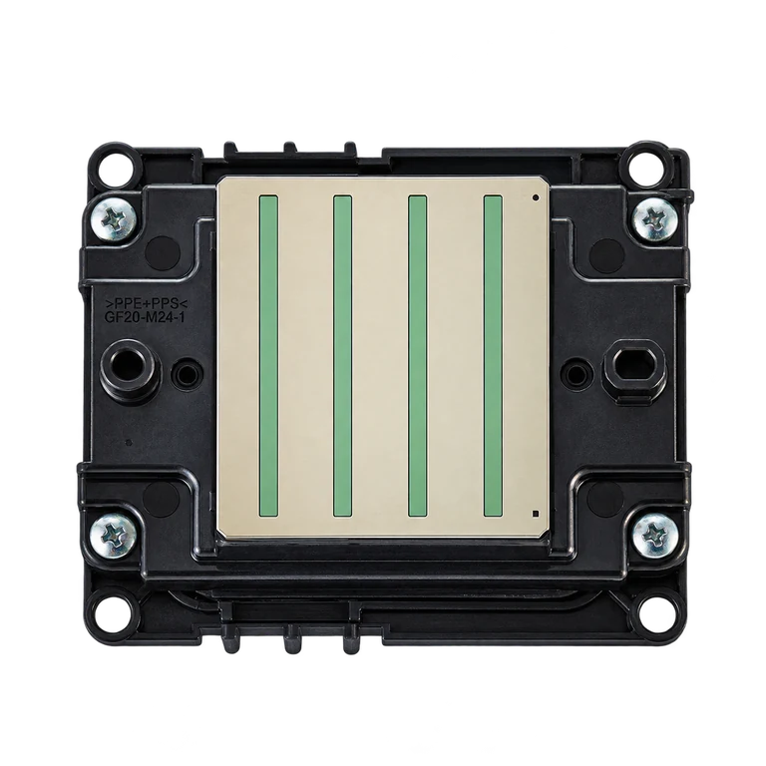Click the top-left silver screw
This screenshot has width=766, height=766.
114,221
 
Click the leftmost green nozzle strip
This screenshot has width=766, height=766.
268,356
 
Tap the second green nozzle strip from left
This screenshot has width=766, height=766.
342,356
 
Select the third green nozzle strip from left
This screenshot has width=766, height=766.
418,356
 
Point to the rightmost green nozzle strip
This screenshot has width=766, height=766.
493,356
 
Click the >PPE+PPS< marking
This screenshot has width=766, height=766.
147,301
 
